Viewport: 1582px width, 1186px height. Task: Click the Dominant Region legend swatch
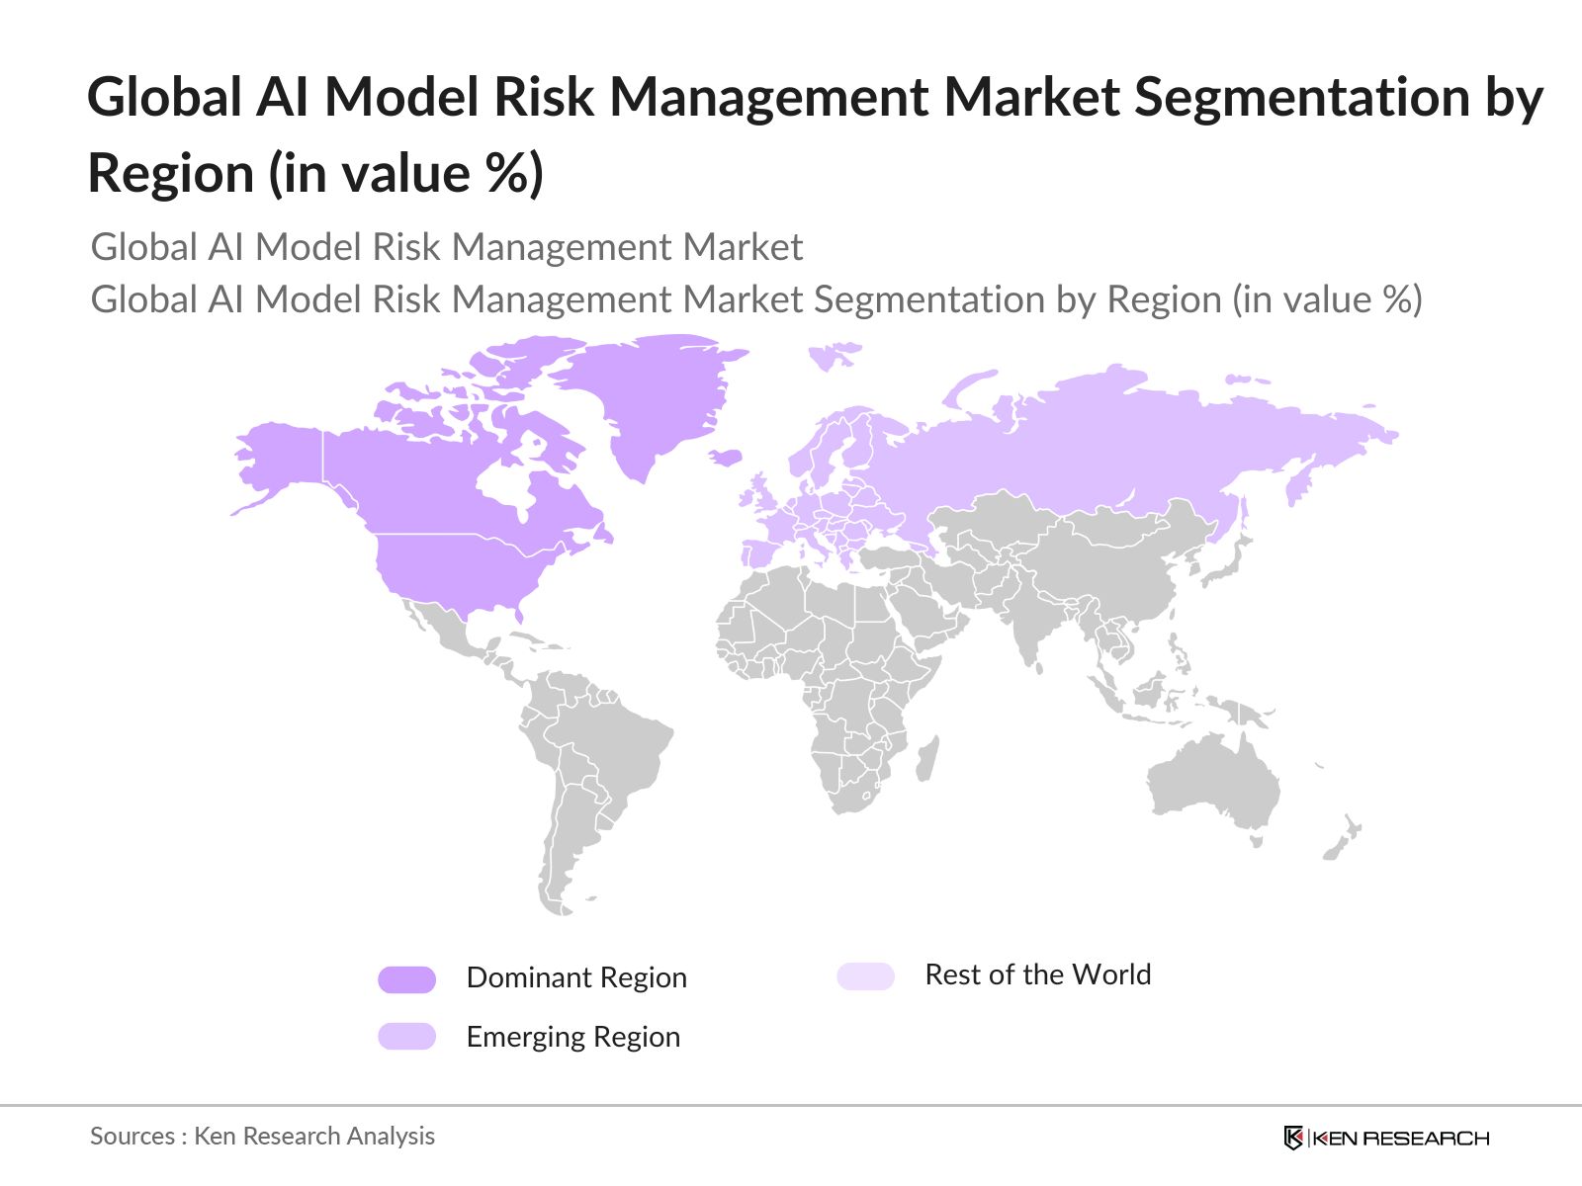pyautogui.click(x=406, y=979)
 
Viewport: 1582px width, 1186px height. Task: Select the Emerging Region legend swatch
pyautogui.click(x=406, y=1036)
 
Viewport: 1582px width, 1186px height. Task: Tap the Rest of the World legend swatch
pyautogui.click(x=865, y=976)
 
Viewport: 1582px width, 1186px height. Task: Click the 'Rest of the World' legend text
pyautogui.click(x=1037, y=974)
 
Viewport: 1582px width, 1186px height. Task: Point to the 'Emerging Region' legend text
pyautogui.click(x=572, y=1037)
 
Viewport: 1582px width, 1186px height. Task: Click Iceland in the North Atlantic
pyautogui.click(x=727, y=457)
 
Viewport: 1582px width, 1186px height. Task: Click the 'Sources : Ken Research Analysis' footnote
pyautogui.click(x=262, y=1137)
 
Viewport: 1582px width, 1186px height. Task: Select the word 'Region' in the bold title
pyautogui.click(x=171, y=174)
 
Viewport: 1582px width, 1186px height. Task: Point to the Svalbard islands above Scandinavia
pyautogui.click(x=833, y=355)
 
